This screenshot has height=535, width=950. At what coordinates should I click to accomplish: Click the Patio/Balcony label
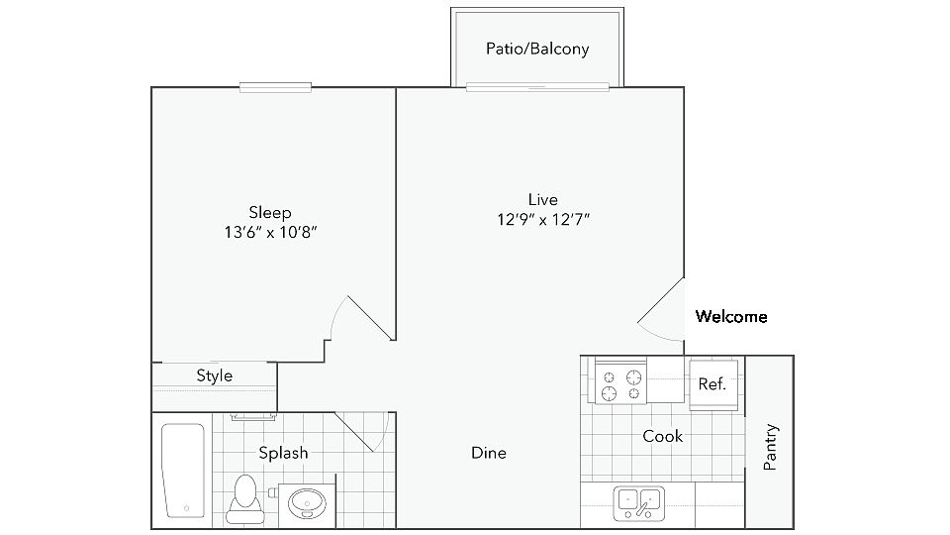tap(537, 49)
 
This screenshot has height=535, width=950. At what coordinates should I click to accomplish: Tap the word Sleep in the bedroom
tap(269, 212)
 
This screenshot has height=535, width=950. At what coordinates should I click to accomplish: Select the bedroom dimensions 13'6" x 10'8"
tap(269, 233)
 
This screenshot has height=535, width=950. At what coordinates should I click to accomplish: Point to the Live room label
tap(542, 199)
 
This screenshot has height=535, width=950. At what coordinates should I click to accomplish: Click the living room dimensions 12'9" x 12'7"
tap(543, 219)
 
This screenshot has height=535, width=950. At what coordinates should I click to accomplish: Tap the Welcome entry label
tap(731, 317)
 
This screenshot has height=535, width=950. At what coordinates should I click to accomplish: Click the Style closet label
tap(214, 375)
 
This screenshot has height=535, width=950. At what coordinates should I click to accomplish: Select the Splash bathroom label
tap(283, 453)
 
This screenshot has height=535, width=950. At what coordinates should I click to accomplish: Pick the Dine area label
tap(489, 453)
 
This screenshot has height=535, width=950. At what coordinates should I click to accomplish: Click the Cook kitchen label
tap(662, 436)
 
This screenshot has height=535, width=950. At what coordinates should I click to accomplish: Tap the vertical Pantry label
tap(771, 447)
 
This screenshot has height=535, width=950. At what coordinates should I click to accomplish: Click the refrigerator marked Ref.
tap(712, 383)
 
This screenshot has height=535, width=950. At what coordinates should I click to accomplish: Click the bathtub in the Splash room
tap(183, 472)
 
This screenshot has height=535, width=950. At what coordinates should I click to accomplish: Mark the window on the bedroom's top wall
tap(276, 88)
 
